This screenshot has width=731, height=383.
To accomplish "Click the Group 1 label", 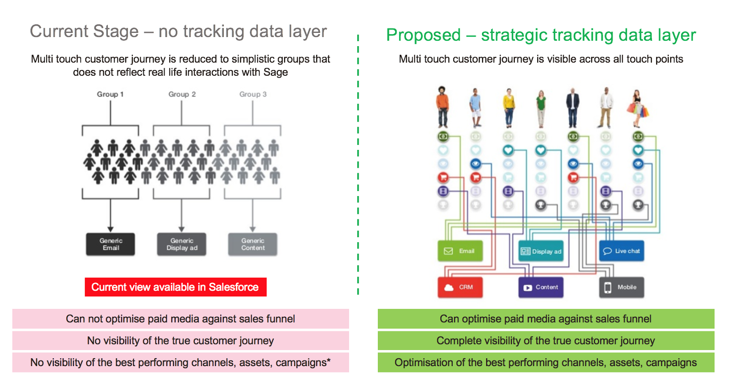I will [x=110, y=94].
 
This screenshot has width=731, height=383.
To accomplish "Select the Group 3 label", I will [x=253, y=94].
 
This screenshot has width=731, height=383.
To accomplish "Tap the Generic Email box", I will [x=111, y=244].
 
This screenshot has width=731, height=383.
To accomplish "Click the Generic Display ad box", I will [x=182, y=244].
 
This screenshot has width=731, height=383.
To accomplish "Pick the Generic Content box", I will [x=253, y=244].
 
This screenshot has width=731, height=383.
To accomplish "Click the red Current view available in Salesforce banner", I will [x=175, y=287].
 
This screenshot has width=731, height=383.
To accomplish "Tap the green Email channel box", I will [x=460, y=251].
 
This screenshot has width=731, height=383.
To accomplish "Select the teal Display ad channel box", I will [x=541, y=251].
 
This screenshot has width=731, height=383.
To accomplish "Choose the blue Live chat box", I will [x=621, y=251].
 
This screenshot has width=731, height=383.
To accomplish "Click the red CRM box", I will [x=460, y=287].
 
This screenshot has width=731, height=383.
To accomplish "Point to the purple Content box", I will [x=541, y=287].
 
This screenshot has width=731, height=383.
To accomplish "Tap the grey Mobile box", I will [x=621, y=287].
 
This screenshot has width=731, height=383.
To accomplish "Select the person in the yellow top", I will [x=509, y=107].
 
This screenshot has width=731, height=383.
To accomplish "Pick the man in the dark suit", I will [x=573, y=107].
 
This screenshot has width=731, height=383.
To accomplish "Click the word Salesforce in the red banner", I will [x=233, y=287].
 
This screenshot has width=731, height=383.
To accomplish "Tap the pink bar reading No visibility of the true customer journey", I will [x=180, y=340].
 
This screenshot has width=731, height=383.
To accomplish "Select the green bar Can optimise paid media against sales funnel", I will [x=546, y=319].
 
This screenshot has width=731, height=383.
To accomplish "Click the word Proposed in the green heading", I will [x=424, y=35].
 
